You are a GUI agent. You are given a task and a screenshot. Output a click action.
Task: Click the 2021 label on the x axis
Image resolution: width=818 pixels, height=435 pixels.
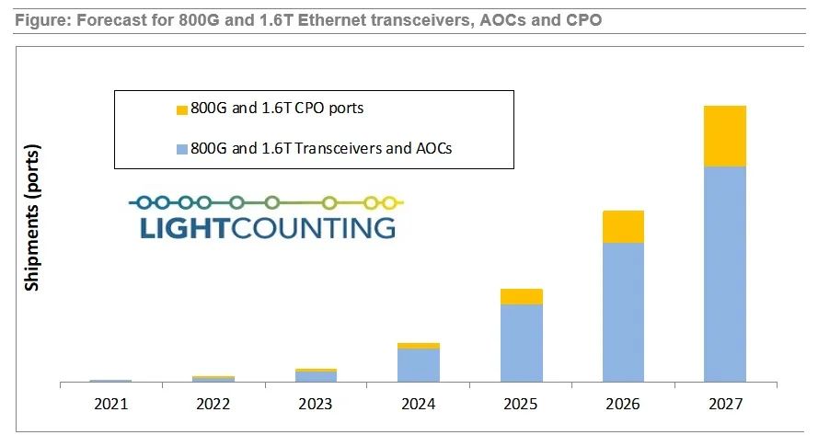[x=110, y=404]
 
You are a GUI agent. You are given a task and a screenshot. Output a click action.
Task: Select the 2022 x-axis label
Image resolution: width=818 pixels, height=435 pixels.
[x=213, y=404]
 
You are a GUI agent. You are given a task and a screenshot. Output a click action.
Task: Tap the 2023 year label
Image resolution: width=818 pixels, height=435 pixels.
[x=316, y=404]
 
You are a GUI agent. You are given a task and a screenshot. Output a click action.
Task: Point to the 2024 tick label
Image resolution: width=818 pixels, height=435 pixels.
[x=419, y=404]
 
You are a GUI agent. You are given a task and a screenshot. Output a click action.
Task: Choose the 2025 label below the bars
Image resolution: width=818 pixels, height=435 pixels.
[x=521, y=404]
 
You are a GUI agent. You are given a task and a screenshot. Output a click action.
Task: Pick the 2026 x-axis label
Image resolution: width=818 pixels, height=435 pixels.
[x=623, y=404]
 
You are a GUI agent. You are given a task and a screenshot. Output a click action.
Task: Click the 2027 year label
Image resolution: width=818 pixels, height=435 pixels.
[x=726, y=404]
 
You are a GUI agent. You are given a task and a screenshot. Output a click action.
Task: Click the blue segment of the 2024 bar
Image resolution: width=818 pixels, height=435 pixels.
[x=419, y=365]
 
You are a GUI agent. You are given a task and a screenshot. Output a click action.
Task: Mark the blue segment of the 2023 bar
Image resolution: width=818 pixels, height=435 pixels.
[x=316, y=376]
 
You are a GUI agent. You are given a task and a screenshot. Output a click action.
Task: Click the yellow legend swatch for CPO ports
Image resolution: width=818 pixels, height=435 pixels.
[x=182, y=109]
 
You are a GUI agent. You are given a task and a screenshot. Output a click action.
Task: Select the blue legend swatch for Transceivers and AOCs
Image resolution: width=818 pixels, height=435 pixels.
[x=182, y=147]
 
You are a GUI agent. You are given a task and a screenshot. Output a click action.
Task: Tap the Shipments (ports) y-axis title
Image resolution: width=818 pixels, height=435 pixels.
[x=32, y=217]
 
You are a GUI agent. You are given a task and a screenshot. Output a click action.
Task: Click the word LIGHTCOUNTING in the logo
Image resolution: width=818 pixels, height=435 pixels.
[x=268, y=227]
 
